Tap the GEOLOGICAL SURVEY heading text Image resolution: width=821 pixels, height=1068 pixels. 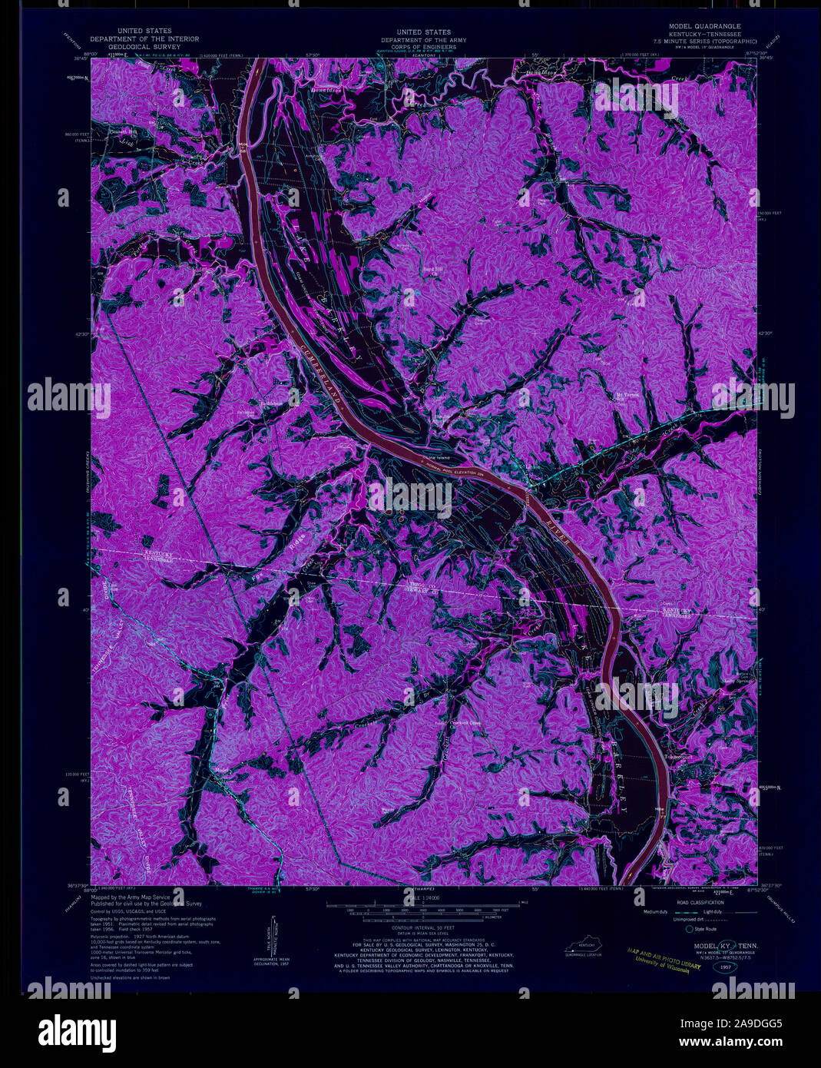[x=144, y=46]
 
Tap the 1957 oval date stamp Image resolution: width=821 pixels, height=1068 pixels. [x=726, y=968]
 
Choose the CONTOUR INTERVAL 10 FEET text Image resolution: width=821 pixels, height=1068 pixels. [x=419, y=927]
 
